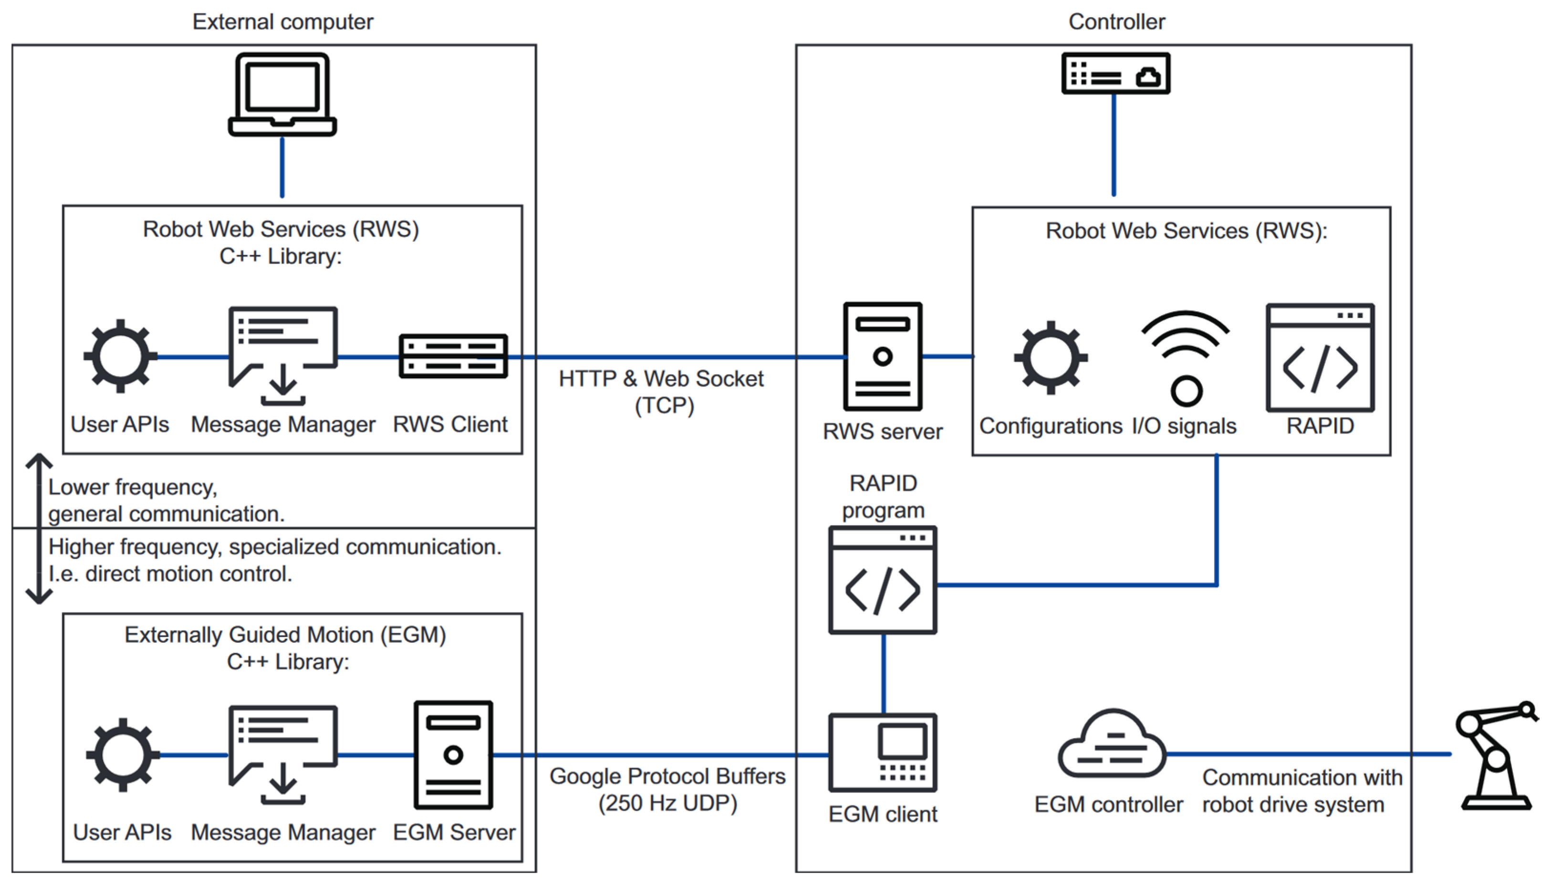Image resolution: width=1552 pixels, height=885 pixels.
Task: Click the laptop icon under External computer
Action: coord(282,94)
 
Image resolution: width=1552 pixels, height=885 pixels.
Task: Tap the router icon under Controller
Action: coord(1115,73)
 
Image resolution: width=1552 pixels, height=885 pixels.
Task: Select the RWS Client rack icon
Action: coord(453,356)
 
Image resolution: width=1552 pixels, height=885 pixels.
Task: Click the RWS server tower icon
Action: coord(883,356)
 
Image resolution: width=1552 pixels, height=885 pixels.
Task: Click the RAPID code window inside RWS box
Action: coord(1320,358)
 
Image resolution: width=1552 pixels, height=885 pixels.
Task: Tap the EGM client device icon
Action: coord(883,752)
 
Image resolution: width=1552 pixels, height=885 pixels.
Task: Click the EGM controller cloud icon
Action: coord(1112,743)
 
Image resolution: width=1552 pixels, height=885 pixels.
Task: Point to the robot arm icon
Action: coord(1496,755)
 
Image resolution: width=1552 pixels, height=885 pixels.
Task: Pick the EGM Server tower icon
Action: coord(453,755)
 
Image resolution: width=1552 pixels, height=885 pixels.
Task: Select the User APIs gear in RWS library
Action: coord(120,356)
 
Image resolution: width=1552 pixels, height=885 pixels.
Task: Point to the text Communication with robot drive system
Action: coord(1302,791)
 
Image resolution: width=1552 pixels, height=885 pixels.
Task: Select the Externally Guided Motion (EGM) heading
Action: coord(285,635)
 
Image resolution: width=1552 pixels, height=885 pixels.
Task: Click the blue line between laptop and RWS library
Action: coord(282,167)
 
